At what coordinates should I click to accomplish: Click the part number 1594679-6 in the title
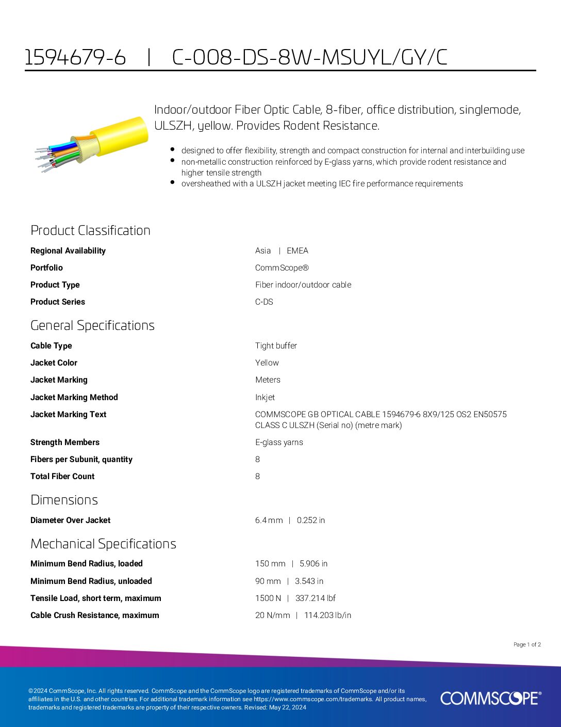[x=75, y=57]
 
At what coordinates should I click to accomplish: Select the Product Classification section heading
[x=90, y=230]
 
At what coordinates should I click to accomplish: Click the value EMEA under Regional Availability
[x=298, y=250]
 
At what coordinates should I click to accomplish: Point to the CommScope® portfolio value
[x=282, y=267]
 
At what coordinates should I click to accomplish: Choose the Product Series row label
[x=58, y=302]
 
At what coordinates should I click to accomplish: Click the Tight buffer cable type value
[x=276, y=345]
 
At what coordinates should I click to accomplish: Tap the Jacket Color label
[x=54, y=362]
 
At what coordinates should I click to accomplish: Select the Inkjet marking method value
[x=265, y=397]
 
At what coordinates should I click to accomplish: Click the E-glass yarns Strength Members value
[x=279, y=442]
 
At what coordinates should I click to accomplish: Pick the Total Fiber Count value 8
[x=257, y=476]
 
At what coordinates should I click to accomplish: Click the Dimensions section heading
[x=64, y=500]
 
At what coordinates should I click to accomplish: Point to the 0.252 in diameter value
[x=311, y=520]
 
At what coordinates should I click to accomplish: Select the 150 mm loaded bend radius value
[x=270, y=563]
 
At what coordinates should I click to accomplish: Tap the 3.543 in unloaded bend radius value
[x=309, y=581]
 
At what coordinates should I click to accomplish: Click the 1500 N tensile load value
[x=268, y=598]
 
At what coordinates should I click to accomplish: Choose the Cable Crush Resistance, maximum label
[x=94, y=615]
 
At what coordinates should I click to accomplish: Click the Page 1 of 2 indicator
[x=527, y=644]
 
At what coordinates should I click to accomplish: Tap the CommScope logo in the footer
[x=490, y=698]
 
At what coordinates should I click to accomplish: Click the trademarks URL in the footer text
[x=313, y=699]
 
